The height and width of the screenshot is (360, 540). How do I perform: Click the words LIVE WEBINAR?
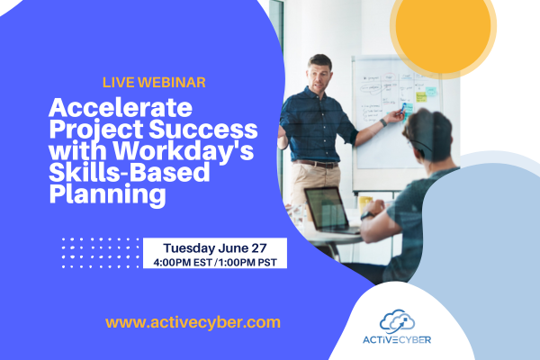(155, 83)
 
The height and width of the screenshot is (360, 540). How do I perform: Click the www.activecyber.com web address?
(193, 321)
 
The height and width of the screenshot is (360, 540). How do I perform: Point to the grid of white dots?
(99, 253)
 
